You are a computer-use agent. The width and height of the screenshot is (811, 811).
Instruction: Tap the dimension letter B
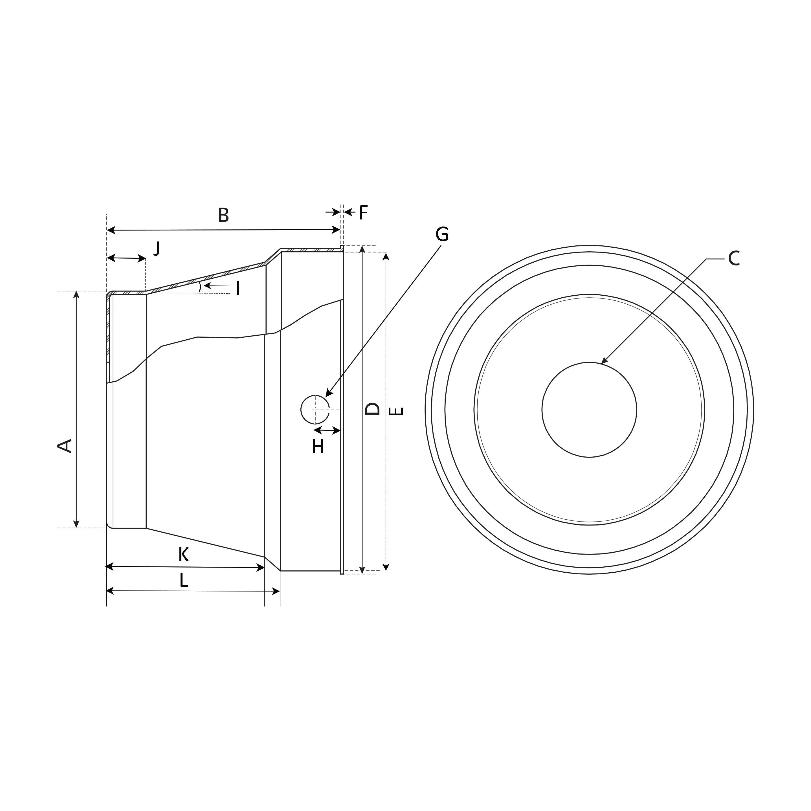[x=224, y=215]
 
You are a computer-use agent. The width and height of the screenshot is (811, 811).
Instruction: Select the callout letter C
[x=734, y=259]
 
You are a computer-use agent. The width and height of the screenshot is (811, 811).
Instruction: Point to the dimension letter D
[x=372, y=408]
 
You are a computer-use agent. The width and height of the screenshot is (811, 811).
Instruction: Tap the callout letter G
[x=441, y=234]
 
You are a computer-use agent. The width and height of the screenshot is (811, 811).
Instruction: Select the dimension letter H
[x=318, y=447]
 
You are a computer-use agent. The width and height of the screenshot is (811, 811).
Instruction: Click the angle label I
[x=238, y=289]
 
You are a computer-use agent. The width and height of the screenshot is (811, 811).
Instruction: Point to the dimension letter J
[x=157, y=249]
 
